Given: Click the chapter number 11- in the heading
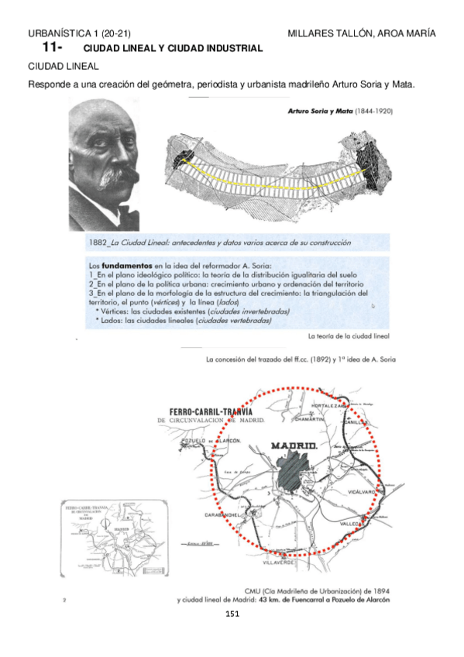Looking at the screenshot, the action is coord(52,48).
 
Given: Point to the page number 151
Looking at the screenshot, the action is coord(232,614).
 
